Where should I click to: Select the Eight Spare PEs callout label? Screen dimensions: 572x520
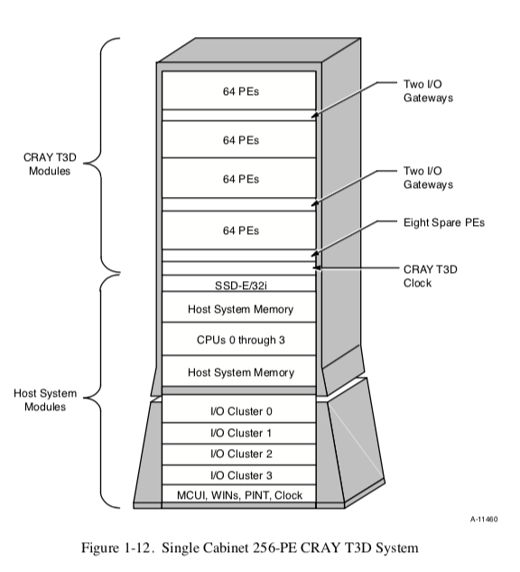(x=443, y=222)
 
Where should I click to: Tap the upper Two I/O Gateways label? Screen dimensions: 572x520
(x=427, y=89)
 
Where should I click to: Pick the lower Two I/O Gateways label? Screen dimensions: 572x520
(x=427, y=176)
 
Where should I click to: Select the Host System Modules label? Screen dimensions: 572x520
(x=45, y=400)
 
